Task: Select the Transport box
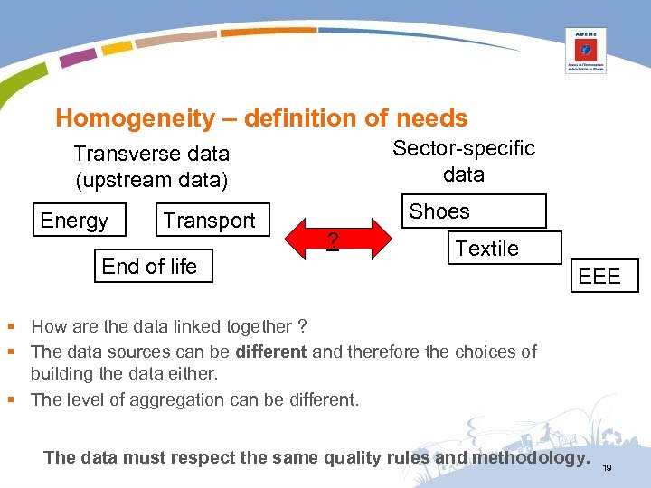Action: pyautogui.click(x=210, y=221)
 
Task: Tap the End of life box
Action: pyautogui.click(x=150, y=266)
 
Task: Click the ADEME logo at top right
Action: pyautogui.click(x=585, y=50)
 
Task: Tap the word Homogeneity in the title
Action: pyautogui.click(x=122, y=118)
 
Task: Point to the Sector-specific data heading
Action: pyautogui.click(x=463, y=161)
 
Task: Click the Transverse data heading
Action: pyautogui.click(x=151, y=154)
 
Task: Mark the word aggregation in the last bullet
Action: pyautogui.click(x=158, y=399)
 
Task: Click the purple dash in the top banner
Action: pyautogui.click(x=78, y=57)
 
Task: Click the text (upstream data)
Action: pyautogui.click(x=152, y=180)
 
